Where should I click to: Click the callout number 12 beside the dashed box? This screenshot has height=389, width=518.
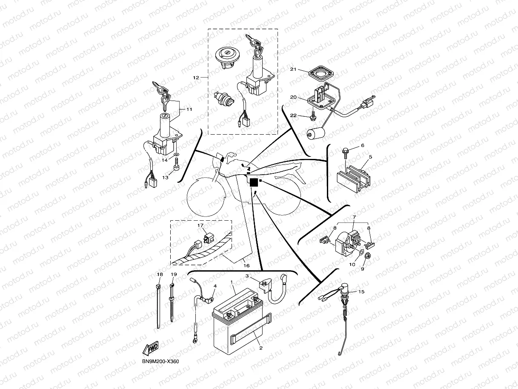click(x=196, y=78)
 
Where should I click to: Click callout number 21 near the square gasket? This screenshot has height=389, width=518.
click(x=293, y=69)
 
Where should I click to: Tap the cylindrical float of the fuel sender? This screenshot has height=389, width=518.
click(x=316, y=134)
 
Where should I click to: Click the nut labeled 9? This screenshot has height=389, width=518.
click(x=369, y=257)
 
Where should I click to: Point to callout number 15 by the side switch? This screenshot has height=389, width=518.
click(x=361, y=292)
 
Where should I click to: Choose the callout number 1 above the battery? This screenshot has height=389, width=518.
click(x=232, y=282)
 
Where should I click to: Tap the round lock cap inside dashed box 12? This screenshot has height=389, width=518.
click(x=226, y=56)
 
